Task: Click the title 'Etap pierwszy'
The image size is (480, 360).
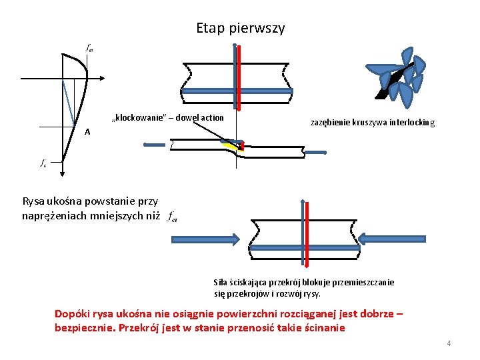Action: (240, 28)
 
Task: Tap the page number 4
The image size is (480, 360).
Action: (449, 343)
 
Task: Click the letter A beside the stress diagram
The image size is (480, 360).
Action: (87, 131)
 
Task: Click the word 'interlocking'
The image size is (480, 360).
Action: (413, 123)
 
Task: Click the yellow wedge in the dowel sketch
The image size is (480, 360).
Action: (232, 145)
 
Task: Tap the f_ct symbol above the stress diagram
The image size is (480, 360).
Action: (89, 48)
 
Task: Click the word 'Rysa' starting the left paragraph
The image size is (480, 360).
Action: (33, 201)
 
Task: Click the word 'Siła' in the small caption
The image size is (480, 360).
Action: (220, 282)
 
